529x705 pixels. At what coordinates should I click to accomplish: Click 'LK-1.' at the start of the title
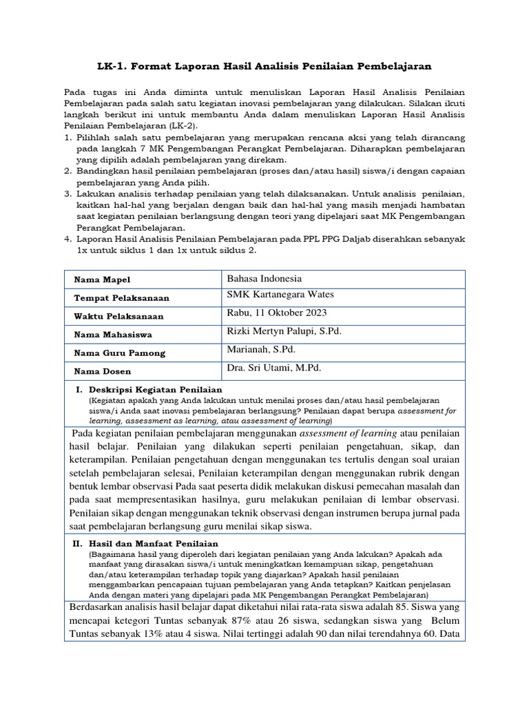(113, 66)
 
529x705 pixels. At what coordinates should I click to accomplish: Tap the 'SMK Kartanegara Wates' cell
(280, 295)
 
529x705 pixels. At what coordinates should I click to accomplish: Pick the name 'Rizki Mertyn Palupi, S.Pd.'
(284, 331)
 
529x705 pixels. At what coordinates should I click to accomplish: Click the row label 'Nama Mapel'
(101, 280)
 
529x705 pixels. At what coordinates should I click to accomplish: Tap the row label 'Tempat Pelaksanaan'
(121, 298)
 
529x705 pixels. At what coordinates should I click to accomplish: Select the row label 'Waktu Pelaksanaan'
(118, 317)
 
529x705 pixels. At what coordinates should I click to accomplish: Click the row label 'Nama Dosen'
(103, 372)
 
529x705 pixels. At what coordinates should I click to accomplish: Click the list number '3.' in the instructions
(68, 195)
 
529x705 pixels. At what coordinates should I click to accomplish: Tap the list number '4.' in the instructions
(68, 239)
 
